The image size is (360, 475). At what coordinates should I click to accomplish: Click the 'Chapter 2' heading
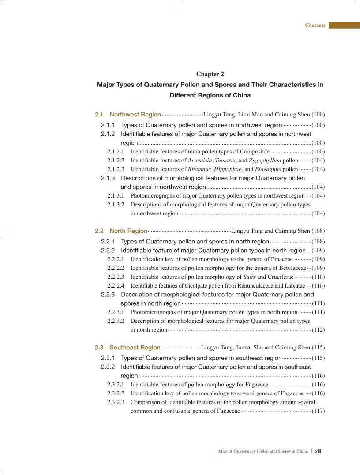pyautogui.click(x=210, y=74)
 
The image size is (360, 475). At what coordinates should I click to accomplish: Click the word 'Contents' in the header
pyautogui.click(x=315, y=26)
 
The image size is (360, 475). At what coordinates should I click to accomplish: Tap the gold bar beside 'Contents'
pyautogui.click(x=344, y=26)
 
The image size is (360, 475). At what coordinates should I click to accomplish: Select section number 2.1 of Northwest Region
pyautogui.click(x=99, y=115)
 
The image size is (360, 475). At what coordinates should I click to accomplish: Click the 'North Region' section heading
pyautogui.click(x=128, y=231)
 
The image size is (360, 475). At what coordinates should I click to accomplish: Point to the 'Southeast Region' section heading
pyautogui.click(x=135, y=348)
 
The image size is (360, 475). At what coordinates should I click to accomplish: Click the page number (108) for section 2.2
pyautogui.click(x=318, y=231)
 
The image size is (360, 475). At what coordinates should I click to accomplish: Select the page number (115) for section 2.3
pyautogui.click(x=318, y=348)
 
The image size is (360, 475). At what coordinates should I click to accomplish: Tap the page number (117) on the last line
pyautogui.click(x=318, y=411)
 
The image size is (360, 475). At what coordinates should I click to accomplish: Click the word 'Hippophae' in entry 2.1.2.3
pyautogui.click(x=227, y=169)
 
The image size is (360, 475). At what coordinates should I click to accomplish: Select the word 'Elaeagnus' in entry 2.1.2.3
pyautogui.click(x=268, y=169)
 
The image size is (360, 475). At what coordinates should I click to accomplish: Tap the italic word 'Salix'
pyautogui.click(x=249, y=277)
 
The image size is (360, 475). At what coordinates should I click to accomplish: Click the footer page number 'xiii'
pyautogui.click(x=318, y=451)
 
